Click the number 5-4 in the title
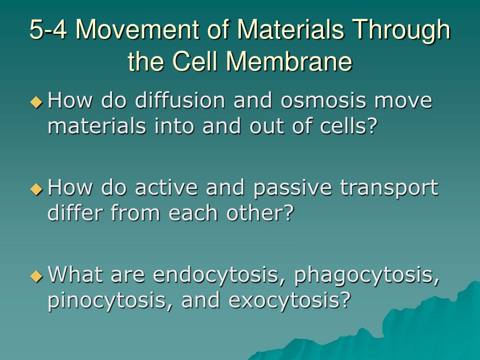48,30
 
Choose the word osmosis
323,100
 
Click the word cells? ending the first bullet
348,126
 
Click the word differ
75,212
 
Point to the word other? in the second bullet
260,212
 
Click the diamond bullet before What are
37,276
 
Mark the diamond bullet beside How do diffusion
37,102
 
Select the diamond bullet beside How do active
37,189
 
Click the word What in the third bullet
75,274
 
